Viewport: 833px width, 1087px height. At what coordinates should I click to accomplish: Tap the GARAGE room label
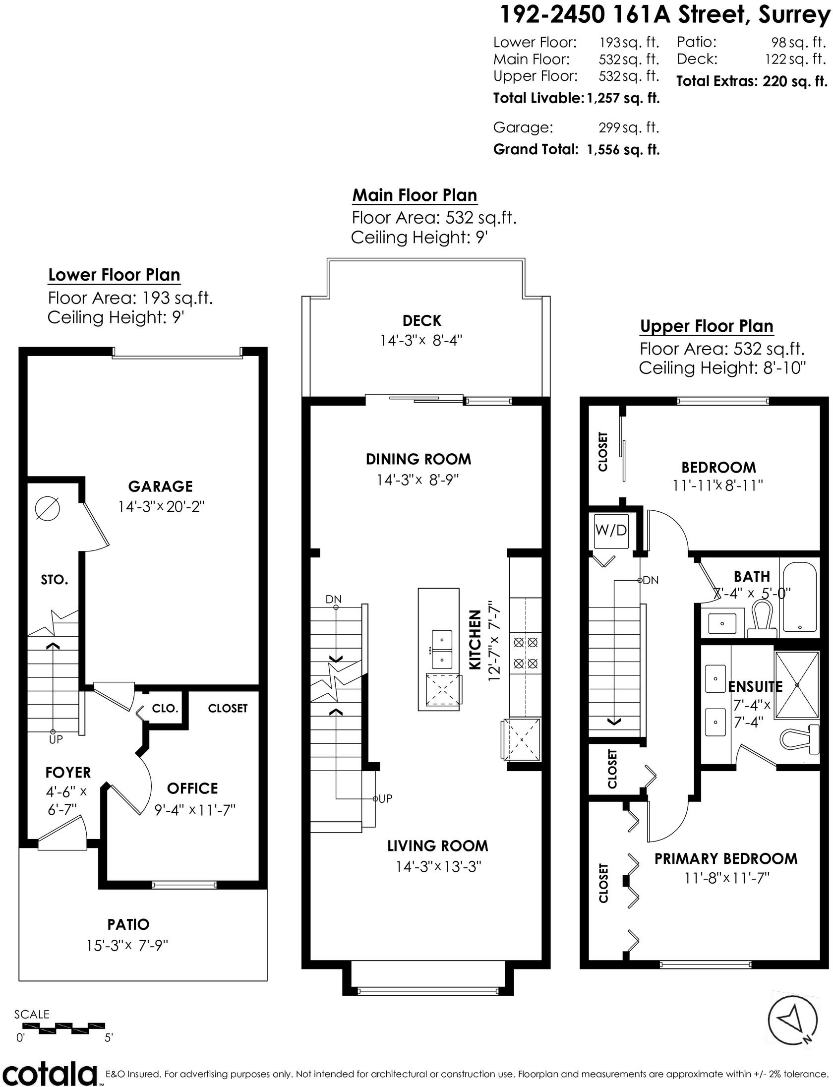160,486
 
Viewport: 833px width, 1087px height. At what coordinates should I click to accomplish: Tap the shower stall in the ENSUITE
797,684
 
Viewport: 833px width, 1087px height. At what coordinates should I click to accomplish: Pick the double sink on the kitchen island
441,650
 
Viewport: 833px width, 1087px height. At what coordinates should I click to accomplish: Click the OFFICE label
192,788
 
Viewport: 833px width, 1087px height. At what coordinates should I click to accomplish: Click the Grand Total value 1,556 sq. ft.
623,149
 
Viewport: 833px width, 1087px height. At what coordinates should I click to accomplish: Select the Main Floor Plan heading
415,195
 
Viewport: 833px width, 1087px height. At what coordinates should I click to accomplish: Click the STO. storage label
55,580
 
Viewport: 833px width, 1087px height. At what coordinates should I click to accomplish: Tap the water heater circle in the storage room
48,509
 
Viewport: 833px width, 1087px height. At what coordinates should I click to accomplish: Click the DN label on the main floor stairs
334,599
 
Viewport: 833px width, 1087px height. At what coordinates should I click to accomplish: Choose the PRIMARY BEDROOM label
726,858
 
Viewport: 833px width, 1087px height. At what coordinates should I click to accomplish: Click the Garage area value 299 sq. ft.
629,128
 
